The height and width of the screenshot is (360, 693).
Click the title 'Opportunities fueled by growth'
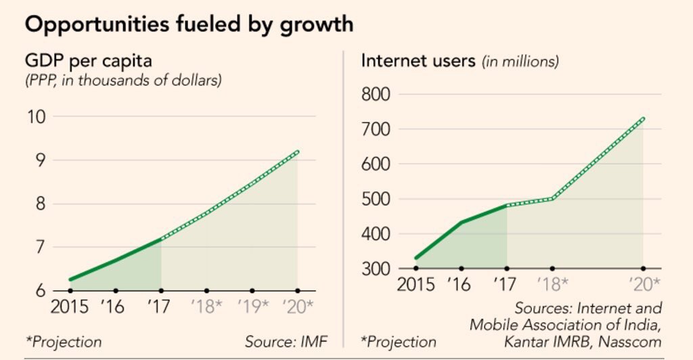(x=189, y=24)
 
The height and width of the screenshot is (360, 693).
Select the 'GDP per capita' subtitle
(x=88, y=61)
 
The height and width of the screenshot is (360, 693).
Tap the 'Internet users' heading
(x=418, y=60)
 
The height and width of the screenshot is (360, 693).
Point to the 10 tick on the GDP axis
(x=38, y=116)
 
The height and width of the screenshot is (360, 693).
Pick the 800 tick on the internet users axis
(x=376, y=94)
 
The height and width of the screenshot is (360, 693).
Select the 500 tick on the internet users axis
(x=376, y=199)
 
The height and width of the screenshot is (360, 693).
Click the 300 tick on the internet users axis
(x=376, y=269)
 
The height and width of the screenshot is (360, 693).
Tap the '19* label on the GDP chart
(x=252, y=307)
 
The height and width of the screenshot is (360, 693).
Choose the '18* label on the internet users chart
(x=552, y=284)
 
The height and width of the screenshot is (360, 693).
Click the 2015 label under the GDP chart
(x=70, y=307)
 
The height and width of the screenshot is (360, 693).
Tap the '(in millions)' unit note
(x=520, y=62)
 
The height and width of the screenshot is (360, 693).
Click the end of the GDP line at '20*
(x=298, y=152)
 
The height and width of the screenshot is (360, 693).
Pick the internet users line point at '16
(x=462, y=223)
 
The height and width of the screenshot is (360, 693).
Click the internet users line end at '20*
(x=643, y=118)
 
